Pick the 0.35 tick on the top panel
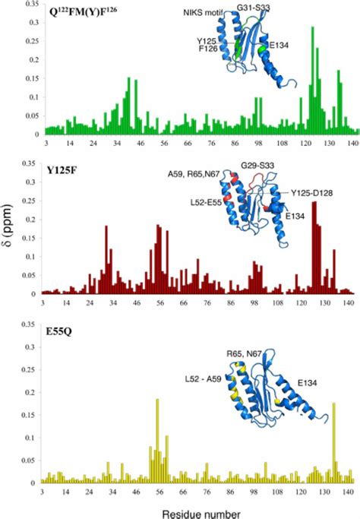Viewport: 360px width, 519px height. (x=30, y=4)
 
